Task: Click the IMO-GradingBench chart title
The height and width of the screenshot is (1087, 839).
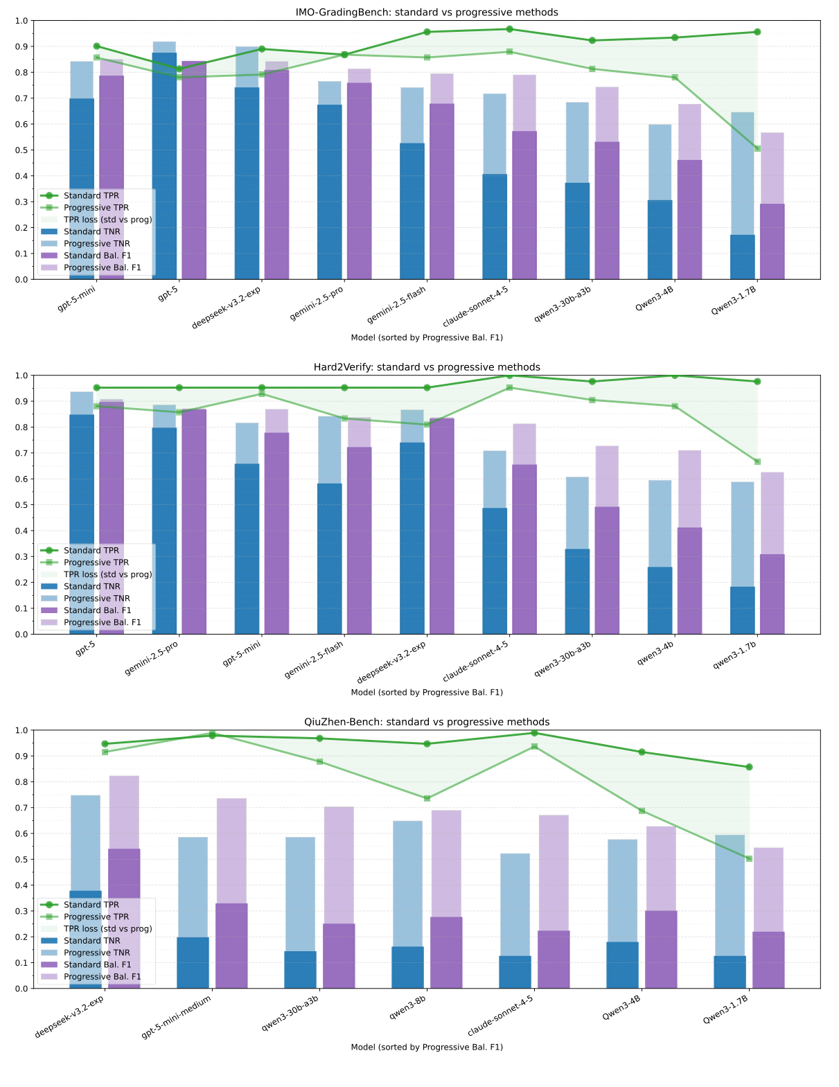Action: [427, 12]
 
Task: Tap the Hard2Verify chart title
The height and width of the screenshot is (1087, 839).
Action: [427, 367]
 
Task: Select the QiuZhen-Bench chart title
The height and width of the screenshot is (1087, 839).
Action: [427, 722]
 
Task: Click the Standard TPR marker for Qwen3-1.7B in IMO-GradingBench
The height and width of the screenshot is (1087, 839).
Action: [757, 32]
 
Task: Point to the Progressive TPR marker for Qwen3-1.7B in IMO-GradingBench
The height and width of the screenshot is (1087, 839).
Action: [757, 148]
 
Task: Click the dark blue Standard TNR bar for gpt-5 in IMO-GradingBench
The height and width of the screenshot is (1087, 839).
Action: [164, 166]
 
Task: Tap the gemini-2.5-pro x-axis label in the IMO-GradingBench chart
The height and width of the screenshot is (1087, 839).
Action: [317, 303]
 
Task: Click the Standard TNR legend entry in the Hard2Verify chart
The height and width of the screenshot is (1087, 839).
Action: [91, 586]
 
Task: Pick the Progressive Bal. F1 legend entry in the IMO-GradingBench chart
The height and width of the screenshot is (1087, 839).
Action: [102, 267]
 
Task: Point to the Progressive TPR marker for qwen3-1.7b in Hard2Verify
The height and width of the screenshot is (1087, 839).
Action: [757, 461]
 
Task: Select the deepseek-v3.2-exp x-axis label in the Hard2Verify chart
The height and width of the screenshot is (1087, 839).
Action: [391, 662]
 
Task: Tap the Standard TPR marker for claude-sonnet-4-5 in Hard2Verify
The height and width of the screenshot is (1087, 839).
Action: [509, 375]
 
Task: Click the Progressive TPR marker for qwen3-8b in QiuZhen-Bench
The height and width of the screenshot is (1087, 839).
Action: [427, 798]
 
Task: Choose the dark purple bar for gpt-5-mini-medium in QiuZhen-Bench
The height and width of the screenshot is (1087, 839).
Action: [231, 946]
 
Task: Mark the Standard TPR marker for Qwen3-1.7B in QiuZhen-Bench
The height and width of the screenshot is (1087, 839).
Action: [749, 767]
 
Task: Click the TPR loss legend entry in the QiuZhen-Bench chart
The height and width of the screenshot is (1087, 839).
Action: [107, 928]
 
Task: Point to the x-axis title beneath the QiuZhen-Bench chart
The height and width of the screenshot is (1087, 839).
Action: [427, 1047]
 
